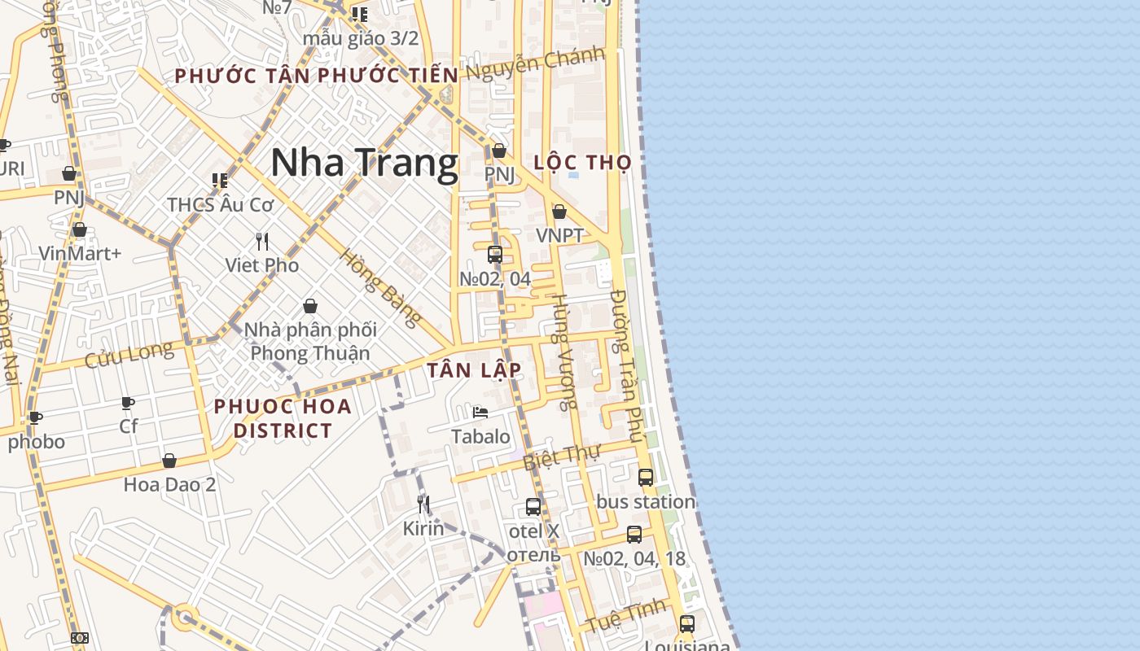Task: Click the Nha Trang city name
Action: [364, 163]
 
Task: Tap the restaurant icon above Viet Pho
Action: [262, 242]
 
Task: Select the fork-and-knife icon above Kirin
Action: [423, 505]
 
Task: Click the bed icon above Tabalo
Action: [480, 413]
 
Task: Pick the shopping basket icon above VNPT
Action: [559, 212]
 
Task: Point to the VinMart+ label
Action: [80, 253]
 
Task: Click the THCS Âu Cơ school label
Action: [221, 205]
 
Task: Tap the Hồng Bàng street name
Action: [380, 287]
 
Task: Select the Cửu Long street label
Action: [129, 355]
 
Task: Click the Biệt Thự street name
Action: [561, 457]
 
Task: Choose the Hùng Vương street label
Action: [564, 351]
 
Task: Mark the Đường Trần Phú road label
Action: [628, 366]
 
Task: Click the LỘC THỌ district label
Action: [582, 163]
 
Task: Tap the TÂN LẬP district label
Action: [474, 370]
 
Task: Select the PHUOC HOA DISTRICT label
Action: [283, 418]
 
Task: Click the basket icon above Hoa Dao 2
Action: [169, 461]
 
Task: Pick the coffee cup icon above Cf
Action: [128, 404]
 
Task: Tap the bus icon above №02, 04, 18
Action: [634, 535]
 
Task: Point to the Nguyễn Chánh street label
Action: [535, 63]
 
